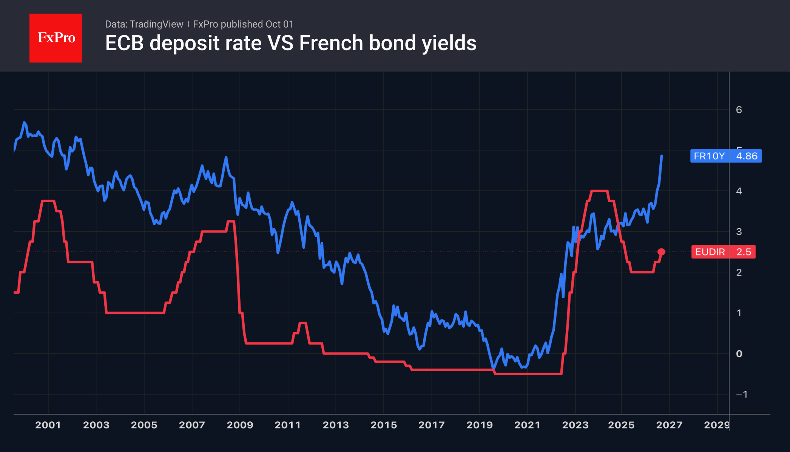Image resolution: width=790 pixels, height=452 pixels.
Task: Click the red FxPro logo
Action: pyautogui.click(x=56, y=38)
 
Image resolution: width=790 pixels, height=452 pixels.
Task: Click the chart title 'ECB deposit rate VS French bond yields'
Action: pyautogui.click(x=291, y=43)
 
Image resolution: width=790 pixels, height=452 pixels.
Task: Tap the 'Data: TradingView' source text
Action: pyautogui.click(x=144, y=24)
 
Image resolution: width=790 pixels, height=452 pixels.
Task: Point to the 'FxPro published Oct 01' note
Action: pyautogui.click(x=243, y=24)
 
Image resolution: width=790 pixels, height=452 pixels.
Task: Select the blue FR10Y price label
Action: pyautogui.click(x=726, y=156)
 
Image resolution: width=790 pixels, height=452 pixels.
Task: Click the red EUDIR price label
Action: pyautogui.click(x=724, y=252)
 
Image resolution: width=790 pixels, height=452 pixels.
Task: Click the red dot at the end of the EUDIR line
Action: pyautogui.click(x=661, y=252)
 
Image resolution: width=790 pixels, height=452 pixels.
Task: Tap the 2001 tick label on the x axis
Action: pyautogui.click(x=48, y=425)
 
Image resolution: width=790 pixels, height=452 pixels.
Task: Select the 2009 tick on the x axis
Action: pyautogui.click(x=240, y=425)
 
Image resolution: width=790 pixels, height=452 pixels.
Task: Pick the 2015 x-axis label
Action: pyautogui.click(x=384, y=425)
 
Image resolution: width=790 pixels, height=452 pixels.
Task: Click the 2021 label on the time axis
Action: pyautogui.click(x=527, y=425)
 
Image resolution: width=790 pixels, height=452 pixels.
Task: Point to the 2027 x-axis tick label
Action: pyautogui.click(x=669, y=425)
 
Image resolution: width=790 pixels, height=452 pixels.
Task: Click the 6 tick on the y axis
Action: pyautogui.click(x=739, y=110)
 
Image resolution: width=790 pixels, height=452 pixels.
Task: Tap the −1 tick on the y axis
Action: pyautogui.click(x=742, y=395)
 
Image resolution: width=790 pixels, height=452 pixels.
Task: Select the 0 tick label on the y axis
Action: pyautogui.click(x=739, y=354)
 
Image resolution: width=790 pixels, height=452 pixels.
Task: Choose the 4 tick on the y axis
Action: pyautogui.click(x=739, y=191)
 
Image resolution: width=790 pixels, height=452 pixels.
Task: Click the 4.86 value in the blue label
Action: pyautogui.click(x=747, y=156)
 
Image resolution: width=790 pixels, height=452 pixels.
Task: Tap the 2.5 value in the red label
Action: pyautogui.click(x=744, y=252)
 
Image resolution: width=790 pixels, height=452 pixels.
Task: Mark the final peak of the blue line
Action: pyautogui.click(x=662, y=156)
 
